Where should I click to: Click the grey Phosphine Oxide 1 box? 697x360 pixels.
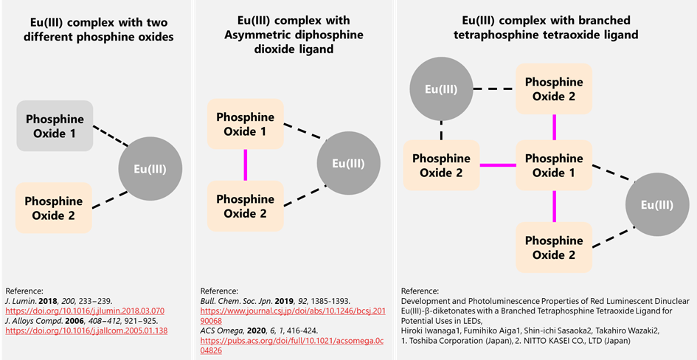click(55, 126)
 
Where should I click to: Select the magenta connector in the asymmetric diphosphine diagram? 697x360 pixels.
click(245, 165)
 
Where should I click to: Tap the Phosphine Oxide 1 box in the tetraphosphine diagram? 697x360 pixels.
click(553, 165)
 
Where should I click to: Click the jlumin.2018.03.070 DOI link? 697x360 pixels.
click(85, 311)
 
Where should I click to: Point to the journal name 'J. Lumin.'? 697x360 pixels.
click(21, 300)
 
